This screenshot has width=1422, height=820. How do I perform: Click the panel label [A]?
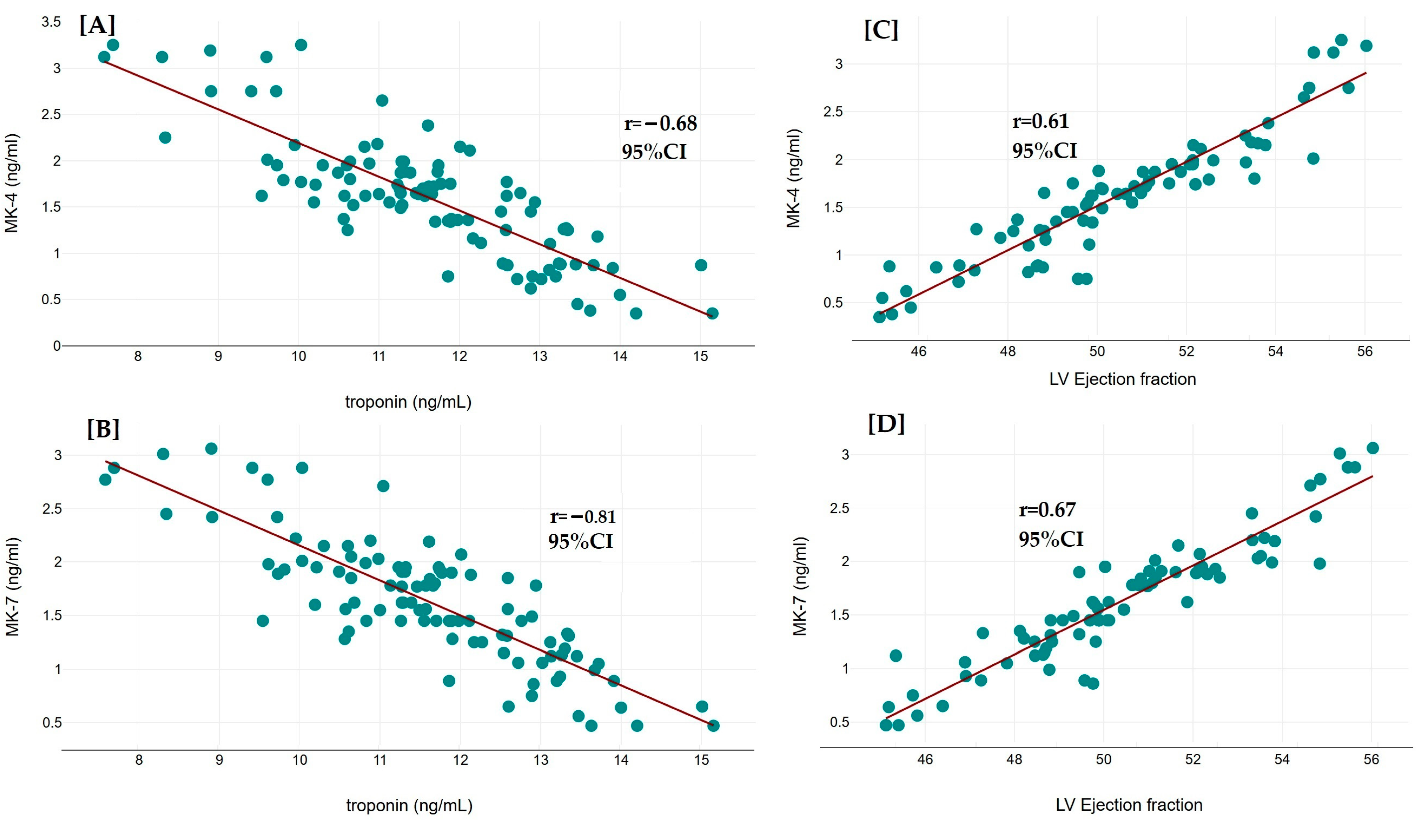(x=97, y=25)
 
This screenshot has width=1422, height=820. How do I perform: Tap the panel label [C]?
(x=881, y=29)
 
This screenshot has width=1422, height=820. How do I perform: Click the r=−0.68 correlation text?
(x=660, y=123)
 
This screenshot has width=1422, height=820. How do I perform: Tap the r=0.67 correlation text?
(x=1047, y=510)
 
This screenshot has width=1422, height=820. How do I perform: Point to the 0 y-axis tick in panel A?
(x=56, y=346)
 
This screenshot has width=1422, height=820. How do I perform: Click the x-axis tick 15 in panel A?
(x=700, y=356)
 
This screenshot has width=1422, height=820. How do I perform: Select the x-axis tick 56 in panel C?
(x=1364, y=351)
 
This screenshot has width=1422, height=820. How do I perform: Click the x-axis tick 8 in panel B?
(x=139, y=760)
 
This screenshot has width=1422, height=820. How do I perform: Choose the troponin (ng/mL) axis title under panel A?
(x=408, y=402)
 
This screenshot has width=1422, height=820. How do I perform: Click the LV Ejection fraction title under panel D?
(x=1129, y=805)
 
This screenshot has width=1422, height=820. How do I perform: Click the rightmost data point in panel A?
(x=712, y=313)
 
